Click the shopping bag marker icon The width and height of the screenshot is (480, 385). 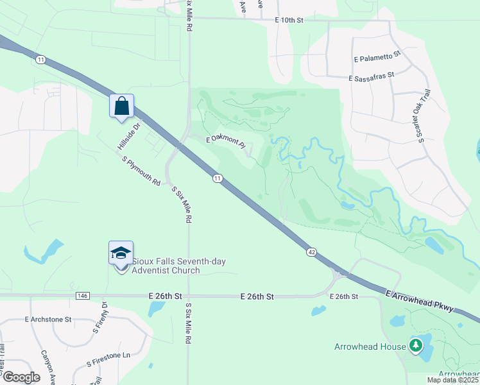tap(121, 106)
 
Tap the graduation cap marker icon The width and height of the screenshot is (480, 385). tap(121, 253)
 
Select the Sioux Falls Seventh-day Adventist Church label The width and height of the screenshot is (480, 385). tap(166, 266)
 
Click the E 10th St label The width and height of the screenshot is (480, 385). tap(288, 21)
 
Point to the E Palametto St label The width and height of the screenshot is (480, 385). tap(377, 57)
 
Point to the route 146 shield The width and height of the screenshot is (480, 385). tap(81, 296)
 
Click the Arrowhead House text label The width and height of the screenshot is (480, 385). tap(370, 346)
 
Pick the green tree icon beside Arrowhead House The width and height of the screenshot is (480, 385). tap(416, 346)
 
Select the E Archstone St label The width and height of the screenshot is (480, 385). tap(49, 318)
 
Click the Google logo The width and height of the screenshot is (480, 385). tap(21, 377)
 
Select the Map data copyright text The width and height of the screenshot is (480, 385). tap(453, 380)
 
